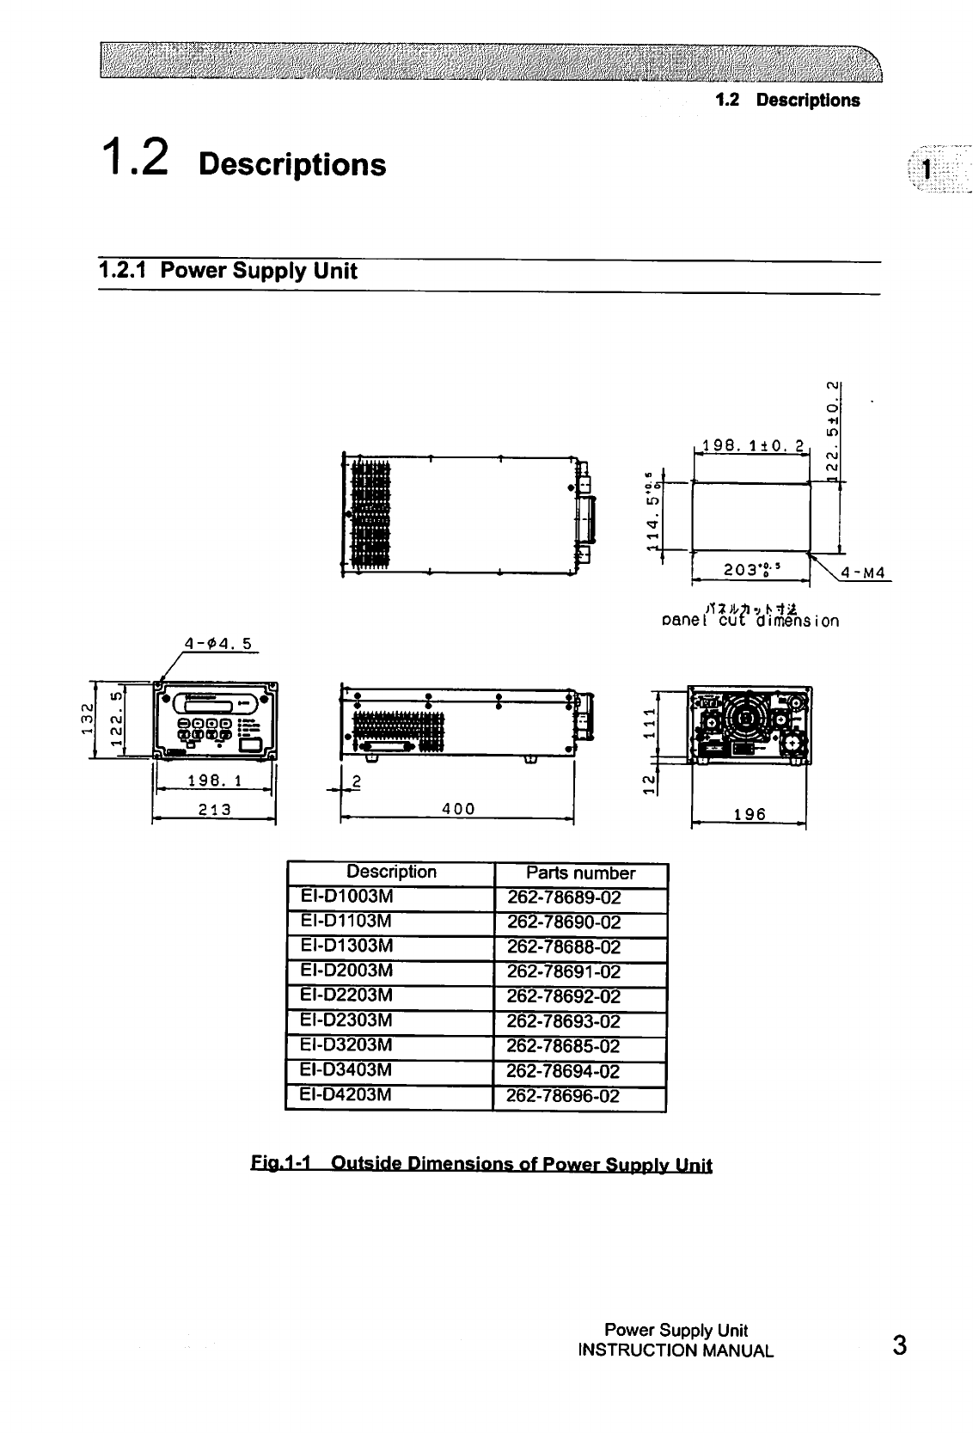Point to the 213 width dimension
tap(212, 809)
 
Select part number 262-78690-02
tap(564, 922)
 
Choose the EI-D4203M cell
tap(347, 1095)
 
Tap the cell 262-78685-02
tap(564, 1046)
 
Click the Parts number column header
tap(580, 873)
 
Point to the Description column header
tap(391, 872)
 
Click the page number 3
tap(899, 1345)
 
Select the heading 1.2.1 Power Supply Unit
tap(228, 272)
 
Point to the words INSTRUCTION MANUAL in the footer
tap(676, 1350)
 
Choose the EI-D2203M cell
tap(347, 995)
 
